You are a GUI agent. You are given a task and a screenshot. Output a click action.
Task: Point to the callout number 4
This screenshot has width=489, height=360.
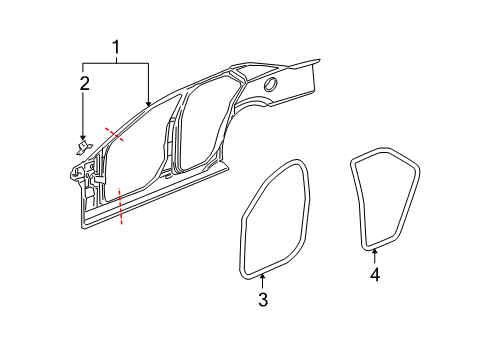(374, 273)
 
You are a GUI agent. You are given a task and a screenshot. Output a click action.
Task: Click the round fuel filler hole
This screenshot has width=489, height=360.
(270, 85)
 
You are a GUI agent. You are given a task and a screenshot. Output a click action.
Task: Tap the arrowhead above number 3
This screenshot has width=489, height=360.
(262, 277)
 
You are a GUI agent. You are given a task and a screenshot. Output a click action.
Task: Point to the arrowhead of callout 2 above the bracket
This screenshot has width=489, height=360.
(85, 137)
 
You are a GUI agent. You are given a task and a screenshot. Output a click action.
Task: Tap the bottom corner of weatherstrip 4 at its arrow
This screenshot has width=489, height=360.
(373, 243)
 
